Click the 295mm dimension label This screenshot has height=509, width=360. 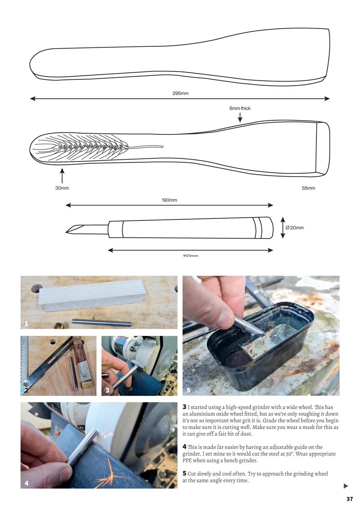(x=180, y=93)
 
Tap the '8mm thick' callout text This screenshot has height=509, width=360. (x=240, y=108)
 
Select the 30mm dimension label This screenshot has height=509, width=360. (x=62, y=188)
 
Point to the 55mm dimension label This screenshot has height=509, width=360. (x=308, y=188)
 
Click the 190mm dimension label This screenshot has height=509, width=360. (x=169, y=200)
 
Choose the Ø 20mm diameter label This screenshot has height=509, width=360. (x=294, y=228)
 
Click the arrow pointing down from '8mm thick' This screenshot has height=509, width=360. (x=240, y=117)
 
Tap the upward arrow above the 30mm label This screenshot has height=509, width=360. (x=62, y=175)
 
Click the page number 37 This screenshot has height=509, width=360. (x=349, y=499)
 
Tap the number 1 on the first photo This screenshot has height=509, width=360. (x=26, y=324)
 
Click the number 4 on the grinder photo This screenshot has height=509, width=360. (x=27, y=483)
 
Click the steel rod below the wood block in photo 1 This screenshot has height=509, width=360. (x=101, y=322)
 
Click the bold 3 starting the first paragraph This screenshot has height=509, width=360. (x=185, y=407)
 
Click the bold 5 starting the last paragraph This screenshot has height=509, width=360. (x=185, y=473)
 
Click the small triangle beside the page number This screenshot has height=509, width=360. (x=346, y=486)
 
